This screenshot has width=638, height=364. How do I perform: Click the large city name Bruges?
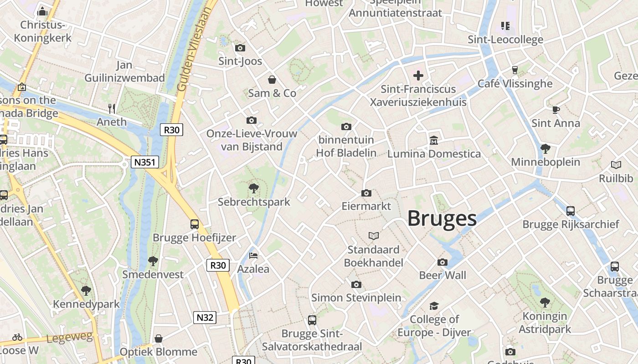(442, 218)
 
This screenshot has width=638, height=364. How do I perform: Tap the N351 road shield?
(145, 162)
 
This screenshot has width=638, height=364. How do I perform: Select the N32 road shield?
(205, 318)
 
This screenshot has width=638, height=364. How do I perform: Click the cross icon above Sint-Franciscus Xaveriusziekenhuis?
(418, 75)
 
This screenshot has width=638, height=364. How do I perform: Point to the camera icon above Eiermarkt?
(366, 193)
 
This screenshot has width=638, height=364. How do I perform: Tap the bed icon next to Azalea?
(253, 256)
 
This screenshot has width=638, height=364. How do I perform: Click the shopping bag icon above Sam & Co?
(272, 80)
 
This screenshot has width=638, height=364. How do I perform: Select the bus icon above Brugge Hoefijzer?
(195, 224)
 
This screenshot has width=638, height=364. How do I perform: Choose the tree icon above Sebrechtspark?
(254, 188)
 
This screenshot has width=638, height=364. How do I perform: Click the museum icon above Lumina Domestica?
(433, 140)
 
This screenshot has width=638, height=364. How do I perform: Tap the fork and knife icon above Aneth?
(112, 108)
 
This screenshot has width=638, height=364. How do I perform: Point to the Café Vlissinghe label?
(515, 84)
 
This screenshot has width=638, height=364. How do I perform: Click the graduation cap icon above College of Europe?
(434, 306)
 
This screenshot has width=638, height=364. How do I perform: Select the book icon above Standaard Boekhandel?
(374, 236)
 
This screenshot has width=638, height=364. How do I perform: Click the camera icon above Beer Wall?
(442, 262)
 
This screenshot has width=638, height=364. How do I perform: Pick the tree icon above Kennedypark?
(86, 291)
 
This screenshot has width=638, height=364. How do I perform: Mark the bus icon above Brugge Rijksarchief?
(571, 211)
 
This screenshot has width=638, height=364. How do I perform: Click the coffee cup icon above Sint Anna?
(556, 110)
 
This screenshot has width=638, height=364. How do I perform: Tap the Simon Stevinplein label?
(356, 298)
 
